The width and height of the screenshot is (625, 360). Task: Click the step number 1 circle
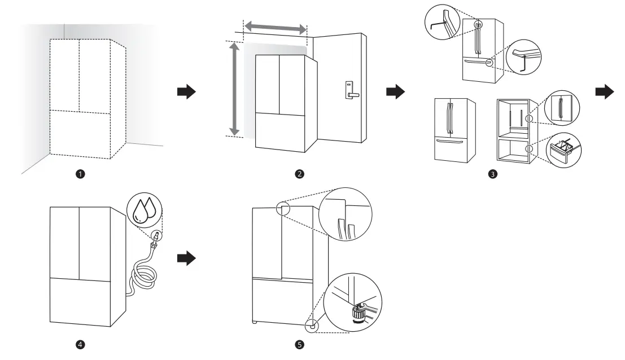[x=81, y=174]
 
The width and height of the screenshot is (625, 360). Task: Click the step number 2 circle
[x=300, y=174]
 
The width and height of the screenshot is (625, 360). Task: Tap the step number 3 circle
[x=493, y=174]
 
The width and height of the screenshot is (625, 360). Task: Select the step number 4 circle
[x=81, y=344]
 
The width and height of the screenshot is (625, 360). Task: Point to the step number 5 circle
[x=300, y=344]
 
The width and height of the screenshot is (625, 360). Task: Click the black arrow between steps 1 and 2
[x=186, y=93]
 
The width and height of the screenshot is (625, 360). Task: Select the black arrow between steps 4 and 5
[x=186, y=258]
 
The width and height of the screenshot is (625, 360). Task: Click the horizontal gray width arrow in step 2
[x=275, y=27]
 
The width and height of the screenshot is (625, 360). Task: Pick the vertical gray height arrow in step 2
[x=232, y=89]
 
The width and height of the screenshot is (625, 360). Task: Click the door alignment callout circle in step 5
[x=346, y=214]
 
